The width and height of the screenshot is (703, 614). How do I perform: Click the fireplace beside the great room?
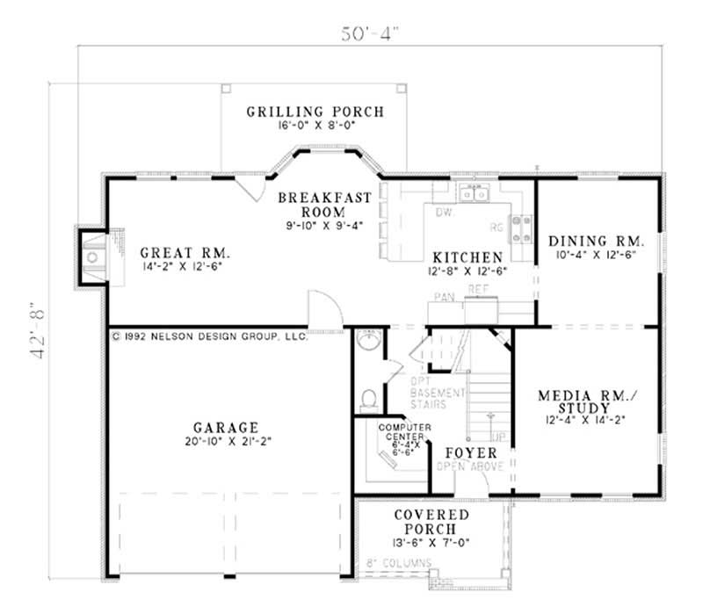click(x=92, y=256)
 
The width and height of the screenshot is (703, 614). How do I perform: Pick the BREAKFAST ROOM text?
click(x=324, y=205)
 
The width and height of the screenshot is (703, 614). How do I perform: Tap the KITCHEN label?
click(x=467, y=256)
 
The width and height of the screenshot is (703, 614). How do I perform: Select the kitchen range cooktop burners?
click(x=523, y=228)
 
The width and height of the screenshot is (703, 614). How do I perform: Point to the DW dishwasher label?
click(x=444, y=213)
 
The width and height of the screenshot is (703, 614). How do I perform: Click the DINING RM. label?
click(x=597, y=240)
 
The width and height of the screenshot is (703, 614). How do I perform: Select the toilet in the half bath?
click(x=369, y=400)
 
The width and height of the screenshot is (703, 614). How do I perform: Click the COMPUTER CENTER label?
click(x=402, y=431)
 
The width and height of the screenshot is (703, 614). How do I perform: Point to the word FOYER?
click(x=471, y=453)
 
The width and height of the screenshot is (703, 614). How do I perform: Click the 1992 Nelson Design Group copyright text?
click(x=209, y=336)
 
